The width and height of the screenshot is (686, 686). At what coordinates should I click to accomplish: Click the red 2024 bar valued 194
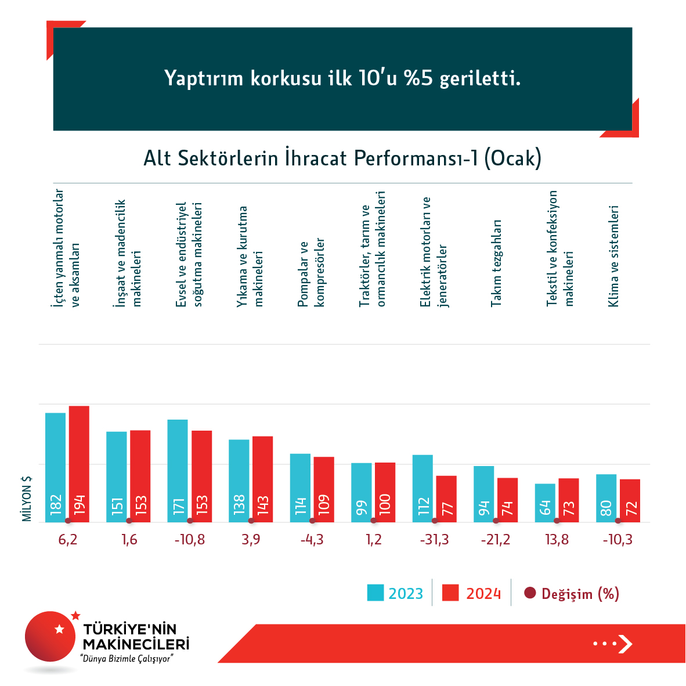click(x=79, y=464)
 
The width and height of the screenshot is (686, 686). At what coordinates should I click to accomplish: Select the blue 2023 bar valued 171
click(x=178, y=471)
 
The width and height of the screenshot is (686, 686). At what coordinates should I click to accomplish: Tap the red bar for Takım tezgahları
click(x=507, y=500)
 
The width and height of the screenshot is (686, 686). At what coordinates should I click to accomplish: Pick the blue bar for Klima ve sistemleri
click(x=606, y=498)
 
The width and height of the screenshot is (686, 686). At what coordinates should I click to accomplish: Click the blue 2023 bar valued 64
click(x=545, y=503)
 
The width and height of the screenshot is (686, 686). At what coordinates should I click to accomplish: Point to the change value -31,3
click(x=435, y=540)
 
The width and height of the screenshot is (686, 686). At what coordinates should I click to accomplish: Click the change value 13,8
click(x=557, y=540)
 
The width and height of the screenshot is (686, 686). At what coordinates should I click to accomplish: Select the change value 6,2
click(x=68, y=540)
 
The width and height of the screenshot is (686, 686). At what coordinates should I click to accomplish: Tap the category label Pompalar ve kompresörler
click(x=311, y=273)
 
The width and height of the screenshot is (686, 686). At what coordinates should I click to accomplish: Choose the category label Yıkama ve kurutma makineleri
click(x=250, y=256)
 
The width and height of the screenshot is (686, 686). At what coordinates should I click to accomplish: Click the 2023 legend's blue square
click(x=376, y=593)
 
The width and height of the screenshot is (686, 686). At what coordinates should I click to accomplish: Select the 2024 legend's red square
click(x=450, y=593)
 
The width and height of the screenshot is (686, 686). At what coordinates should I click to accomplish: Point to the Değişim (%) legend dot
click(x=529, y=593)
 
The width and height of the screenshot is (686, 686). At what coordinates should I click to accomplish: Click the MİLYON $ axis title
click(x=27, y=499)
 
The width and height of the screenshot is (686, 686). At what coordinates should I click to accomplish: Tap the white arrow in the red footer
click(x=624, y=644)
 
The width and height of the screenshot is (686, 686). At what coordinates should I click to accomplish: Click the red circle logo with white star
click(x=51, y=636)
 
